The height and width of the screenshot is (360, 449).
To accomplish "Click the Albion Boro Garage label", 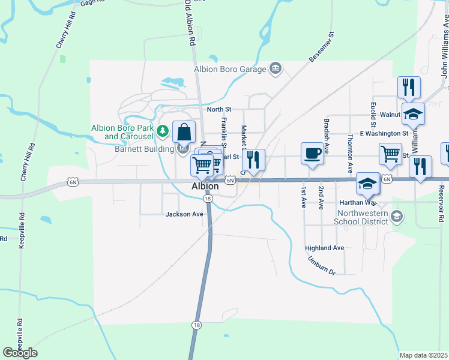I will (x=229, y=69).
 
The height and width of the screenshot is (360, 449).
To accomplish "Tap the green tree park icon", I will (x=161, y=130).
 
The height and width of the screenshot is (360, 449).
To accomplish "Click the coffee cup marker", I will (x=312, y=153).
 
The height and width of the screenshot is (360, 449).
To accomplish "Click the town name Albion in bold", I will (x=205, y=186).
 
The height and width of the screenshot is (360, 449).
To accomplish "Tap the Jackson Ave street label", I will (x=184, y=214).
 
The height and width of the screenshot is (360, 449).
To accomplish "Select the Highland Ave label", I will (x=324, y=248).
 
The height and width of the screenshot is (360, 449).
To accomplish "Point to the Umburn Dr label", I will (x=322, y=267).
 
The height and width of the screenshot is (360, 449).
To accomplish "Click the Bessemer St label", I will (x=320, y=47).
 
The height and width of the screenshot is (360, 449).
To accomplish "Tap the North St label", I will (x=218, y=109).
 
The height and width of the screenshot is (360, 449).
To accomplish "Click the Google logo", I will (x=20, y=353).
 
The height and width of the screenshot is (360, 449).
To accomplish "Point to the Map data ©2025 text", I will (x=423, y=355).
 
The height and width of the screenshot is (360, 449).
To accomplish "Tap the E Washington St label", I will (x=384, y=133).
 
